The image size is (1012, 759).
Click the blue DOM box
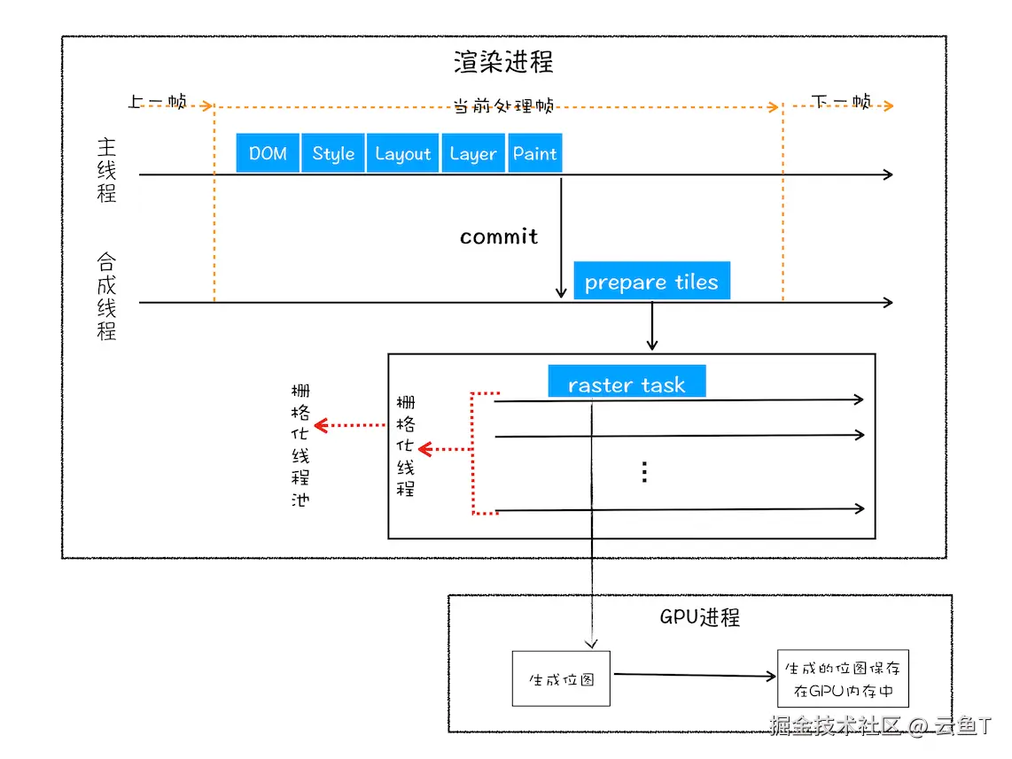pyautogui.click(x=268, y=153)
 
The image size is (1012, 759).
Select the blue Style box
pyautogui.click(x=333, y=153)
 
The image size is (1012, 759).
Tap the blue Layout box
pyautogui.click(x=402, y=153)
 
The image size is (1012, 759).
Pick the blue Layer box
pyautogui.click(x=473, y=153)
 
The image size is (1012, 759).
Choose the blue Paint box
pyautogui.click(x=535, y=153)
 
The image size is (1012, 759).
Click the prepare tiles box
pyautogui.click(x=651, y=282)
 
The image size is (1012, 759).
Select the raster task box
pyautogui.click(x=627, y=384)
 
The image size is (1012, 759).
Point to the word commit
pyautogui.click(x=499, y=236)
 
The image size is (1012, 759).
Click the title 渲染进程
pyautogui.click(x=503, y=62)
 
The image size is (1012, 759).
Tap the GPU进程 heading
pyautogui.click(x=700, y=617)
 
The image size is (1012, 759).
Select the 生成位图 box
pyautogui.click(x=561, y=679)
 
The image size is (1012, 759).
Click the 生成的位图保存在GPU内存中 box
pyautogui.click(x=843, y=679)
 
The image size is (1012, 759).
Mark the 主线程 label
pyautogui.click(x=106, y=170)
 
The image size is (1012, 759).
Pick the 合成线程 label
pyautogui.click(x=106, y=297)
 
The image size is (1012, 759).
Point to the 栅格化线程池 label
pyautogui.click(x=300, y=445)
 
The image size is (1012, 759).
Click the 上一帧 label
pyautogui.click(x=157, y=103)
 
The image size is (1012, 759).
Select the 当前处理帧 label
pyautogui.click(x=503, y=106)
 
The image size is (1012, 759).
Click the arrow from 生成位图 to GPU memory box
pyautogui.click(x=694, y=676)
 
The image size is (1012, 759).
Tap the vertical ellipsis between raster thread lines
pyautogui.click(x=644, y=472)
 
